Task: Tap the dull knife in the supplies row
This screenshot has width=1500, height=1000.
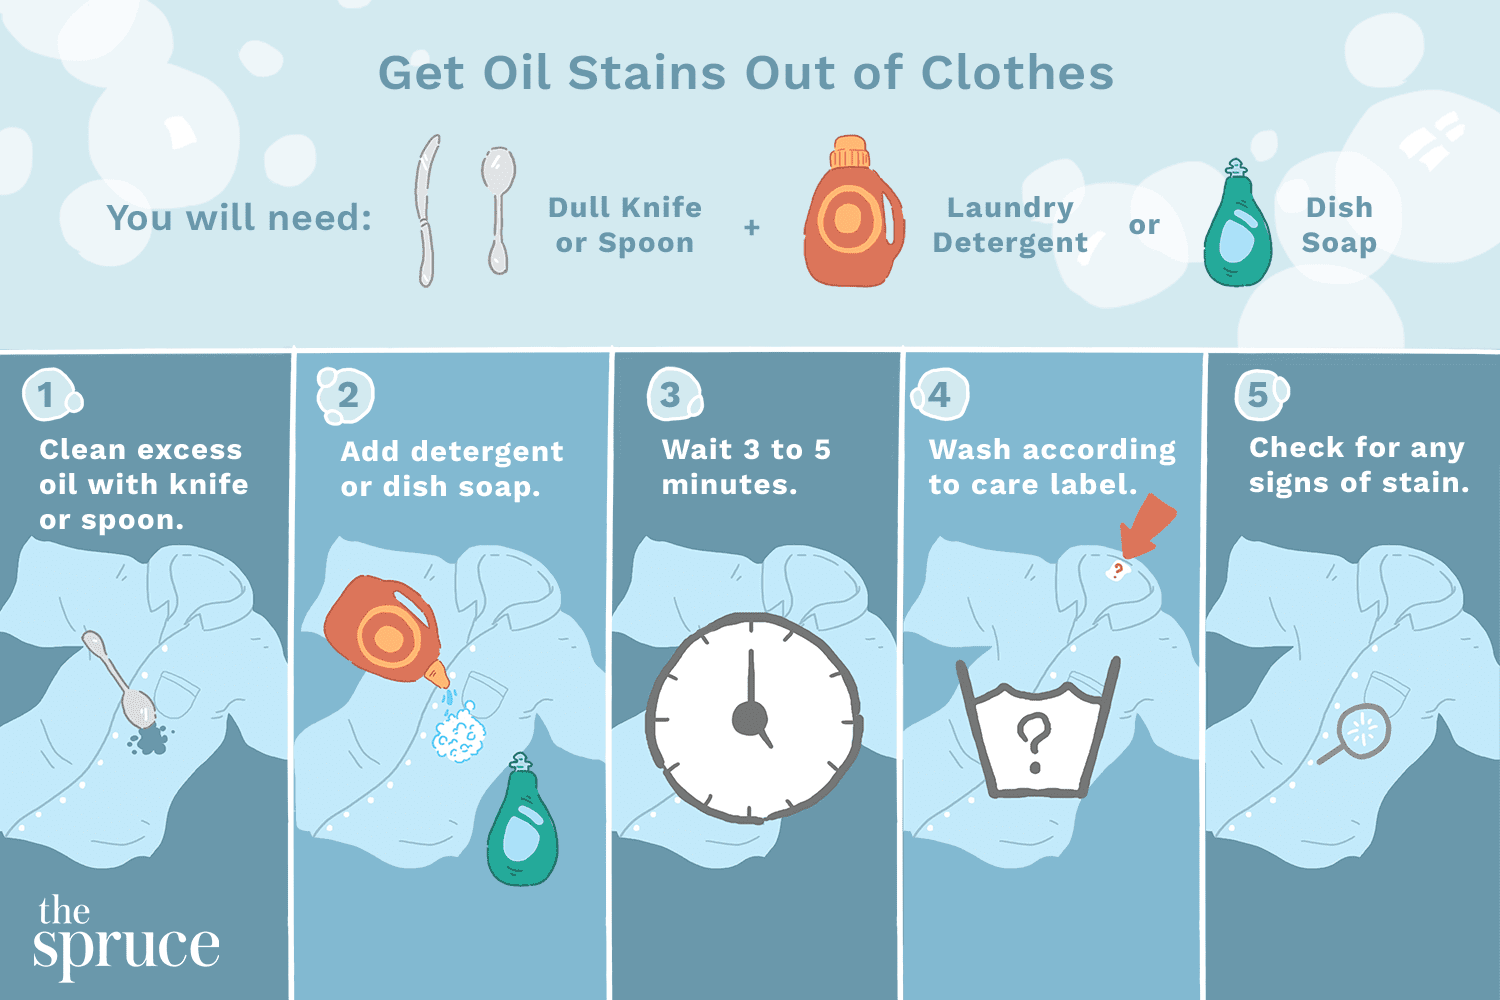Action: pos(428,211)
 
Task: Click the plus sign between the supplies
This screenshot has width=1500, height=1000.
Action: pos(752,228)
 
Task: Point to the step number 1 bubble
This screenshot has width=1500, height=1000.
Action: pos(46,395)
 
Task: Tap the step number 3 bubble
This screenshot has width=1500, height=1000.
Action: pos(671,395)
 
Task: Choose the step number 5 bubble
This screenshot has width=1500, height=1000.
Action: pos(1258,395)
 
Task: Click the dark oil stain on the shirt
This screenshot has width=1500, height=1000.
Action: pos(150,740)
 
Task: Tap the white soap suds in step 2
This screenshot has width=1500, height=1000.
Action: pos(458,736)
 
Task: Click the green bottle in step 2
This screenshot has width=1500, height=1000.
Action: pos(521,825)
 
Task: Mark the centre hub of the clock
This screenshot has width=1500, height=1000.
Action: pos(749,718)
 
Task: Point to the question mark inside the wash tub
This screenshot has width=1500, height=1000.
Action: pos(1034,742)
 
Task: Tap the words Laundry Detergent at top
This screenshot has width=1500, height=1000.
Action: pos(1010,225)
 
